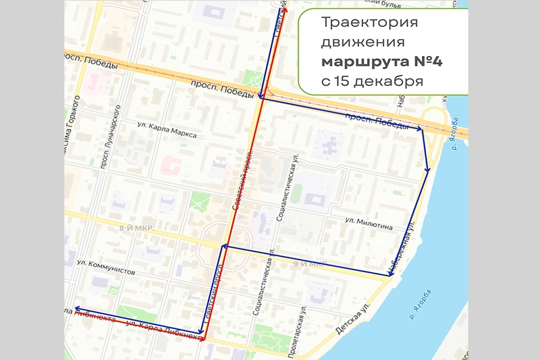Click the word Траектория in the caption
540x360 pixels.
(x=369, y=23)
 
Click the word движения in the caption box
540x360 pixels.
(x=362, y=43)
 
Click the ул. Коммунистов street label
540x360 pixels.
(x=106, y=267)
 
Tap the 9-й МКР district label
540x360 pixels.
(x=310, y=263)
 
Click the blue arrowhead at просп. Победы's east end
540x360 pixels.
(x=419, y=128)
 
